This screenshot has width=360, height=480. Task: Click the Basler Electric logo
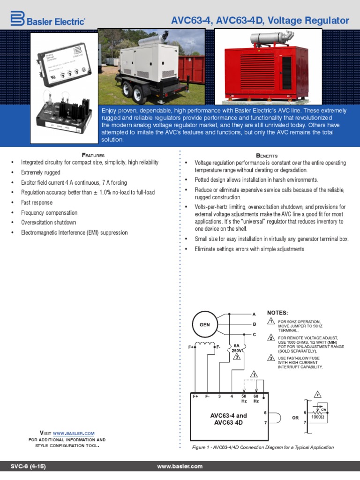(47, 19)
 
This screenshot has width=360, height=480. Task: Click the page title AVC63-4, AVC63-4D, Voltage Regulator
(260, 21)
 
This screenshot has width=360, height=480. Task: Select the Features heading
(93, 155)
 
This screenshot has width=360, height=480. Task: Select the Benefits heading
(267, 155)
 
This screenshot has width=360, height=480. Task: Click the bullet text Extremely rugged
(40, 172)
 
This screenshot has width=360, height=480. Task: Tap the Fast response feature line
(37, 202)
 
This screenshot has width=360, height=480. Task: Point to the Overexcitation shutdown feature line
(48, 223)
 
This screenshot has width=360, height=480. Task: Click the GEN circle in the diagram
(205, 324)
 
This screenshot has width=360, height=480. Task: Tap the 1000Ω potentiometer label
(318, 417)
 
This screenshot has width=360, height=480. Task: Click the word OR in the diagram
(295, 418)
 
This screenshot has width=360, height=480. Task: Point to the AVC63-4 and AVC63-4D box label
(228, 419)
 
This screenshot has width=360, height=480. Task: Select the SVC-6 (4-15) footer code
(29, 466)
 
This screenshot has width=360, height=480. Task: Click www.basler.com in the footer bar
(180, 466)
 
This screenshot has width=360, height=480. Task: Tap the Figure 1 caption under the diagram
(263, 447)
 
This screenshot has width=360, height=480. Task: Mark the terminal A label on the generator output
(254, 314)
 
